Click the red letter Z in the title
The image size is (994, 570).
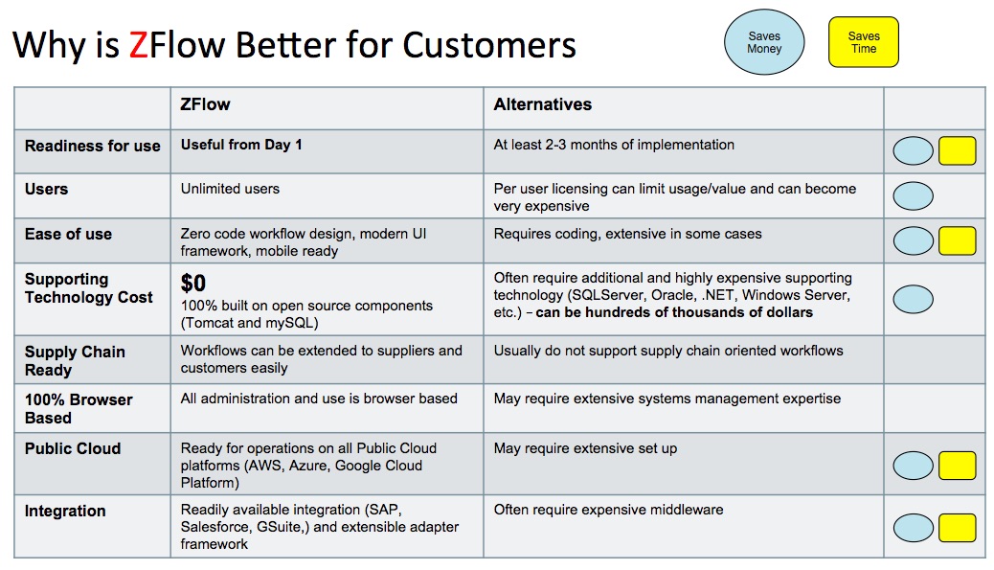click(x=140, y=45)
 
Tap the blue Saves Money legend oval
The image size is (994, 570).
click(x=764, y=43)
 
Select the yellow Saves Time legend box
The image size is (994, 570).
click(x=863, y=43)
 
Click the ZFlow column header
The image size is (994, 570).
click(x=205, y=104)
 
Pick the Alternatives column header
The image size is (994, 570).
click(x=542, y=104)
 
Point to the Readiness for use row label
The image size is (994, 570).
click(x=92, y=147)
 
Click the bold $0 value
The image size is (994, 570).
click(x=192, y=283)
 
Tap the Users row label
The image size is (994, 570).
click(x=46, y=189)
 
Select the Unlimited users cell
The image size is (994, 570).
click(x=230, y=189)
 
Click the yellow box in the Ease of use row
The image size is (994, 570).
click(x=957, y=239)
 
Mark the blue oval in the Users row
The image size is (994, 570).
click(x=913, y=195)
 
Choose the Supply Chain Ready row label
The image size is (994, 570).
click(x=75, y=360)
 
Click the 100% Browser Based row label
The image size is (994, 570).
click(x=79, y=408)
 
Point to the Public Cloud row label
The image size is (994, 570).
click(x=73, y=448)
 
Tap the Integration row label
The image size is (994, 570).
click(x=65, y=511)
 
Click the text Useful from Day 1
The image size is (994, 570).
click(x=241, y=145)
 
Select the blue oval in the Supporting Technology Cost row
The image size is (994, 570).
click(x=913, y=300)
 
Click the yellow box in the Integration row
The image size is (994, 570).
click(x=957, y=527)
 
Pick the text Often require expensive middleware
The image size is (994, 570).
click(x=608, y=510)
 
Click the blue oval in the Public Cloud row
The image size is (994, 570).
click(x=913, y=466)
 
